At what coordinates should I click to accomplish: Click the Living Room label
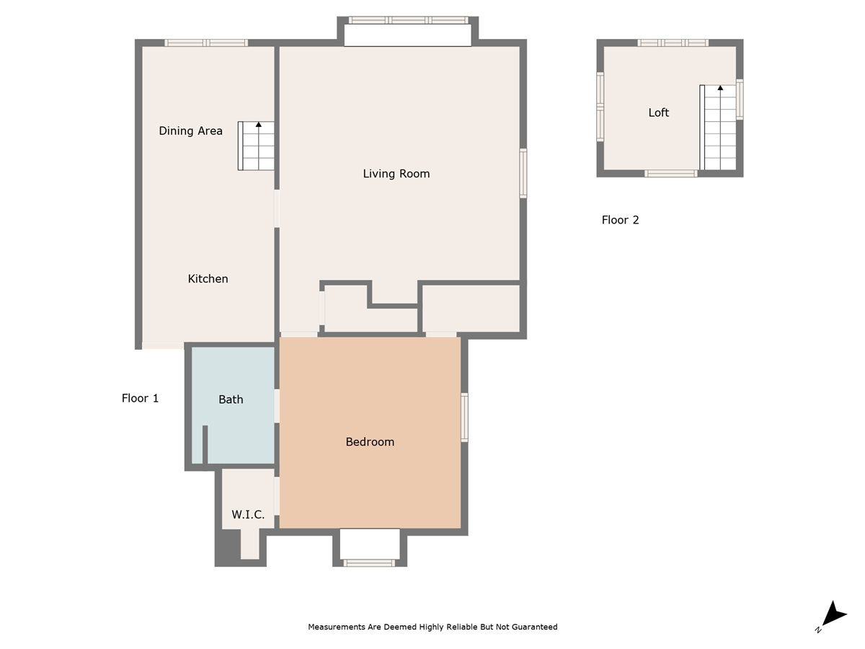pyautogui.click(x=396, y=174)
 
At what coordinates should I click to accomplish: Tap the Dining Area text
pyautogui.click(x=190, y=131)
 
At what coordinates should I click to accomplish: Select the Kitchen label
pyautogui.click(x=208, y=279)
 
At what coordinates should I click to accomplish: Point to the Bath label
pyautogui.click(x=231, y=399)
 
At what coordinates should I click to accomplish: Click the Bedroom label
pyautogui.click(x=370, y=442)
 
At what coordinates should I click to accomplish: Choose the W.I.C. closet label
pyautogui.click(x=248, y=514)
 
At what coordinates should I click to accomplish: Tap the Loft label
pyautogui.click(x=659, y=112)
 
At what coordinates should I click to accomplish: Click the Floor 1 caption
pyautogui.click(x=140, y=398)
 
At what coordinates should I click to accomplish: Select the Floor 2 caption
pyautogui.click(x=620, y=220)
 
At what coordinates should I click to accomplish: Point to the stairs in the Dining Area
pyautogui.click(x=256, y=146)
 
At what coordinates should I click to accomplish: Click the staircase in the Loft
pyautogui.click(x=718, y=128)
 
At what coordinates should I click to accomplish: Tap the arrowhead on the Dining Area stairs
pyautogui.click(x=259, y=125)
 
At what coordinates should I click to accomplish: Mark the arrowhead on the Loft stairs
pyautogui.click(x=720, y=88)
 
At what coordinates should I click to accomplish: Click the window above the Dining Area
pyautogui.click(x=206, y=43)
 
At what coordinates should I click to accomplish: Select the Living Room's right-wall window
pyautogui.click(x=523, y=173)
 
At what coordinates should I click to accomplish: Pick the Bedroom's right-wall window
pyautogui.click(x=465, y=418)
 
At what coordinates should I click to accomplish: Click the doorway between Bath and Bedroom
pyautogui.click(x=277, y=406)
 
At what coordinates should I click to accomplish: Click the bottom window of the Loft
pyautogui.click(x=671, y=173)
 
